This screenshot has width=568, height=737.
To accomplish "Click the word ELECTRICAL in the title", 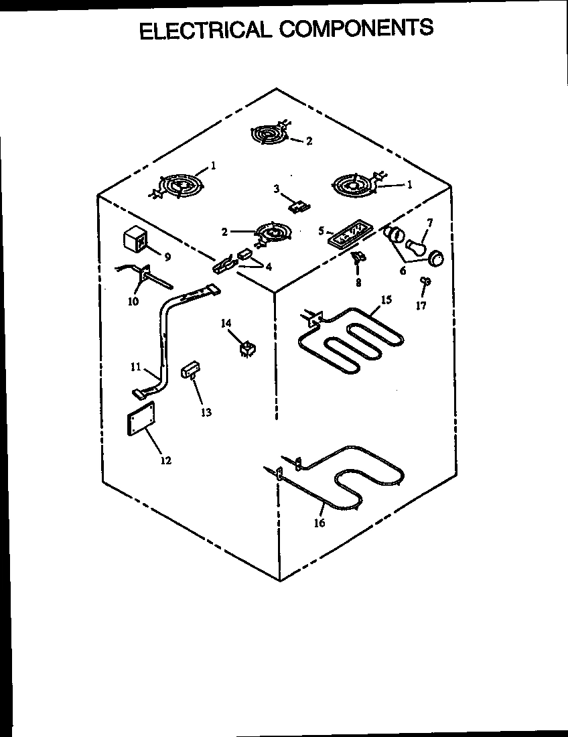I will [x=205, y=30].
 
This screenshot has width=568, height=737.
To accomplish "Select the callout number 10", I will [x=133, y=301].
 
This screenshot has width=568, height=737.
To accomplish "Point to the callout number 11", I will [x=135, y=366].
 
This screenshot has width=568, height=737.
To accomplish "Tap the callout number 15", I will [x=386, y=299].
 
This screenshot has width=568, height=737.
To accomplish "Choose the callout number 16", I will [x=319, y=523].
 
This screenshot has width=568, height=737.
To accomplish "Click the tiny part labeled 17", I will [x=424, y=281].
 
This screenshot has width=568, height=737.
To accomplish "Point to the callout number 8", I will [x=358, y=283].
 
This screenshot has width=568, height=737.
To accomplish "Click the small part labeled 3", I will [x=297, y=206].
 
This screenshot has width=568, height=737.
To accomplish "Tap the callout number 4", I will [x=269, y=267].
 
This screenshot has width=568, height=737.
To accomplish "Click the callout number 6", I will [x=403, y=271].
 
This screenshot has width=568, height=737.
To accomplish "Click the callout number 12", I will [x=165, y=460].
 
